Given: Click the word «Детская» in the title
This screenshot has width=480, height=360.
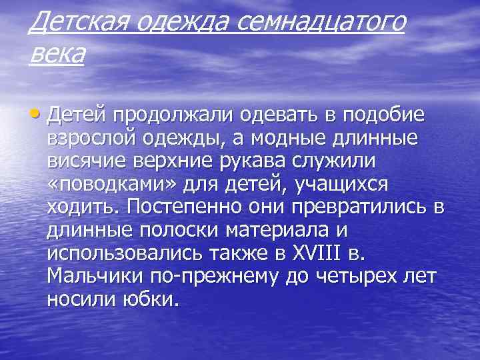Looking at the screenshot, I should click(71, 24).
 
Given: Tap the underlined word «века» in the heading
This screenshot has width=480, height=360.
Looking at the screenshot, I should click(57, 53).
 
